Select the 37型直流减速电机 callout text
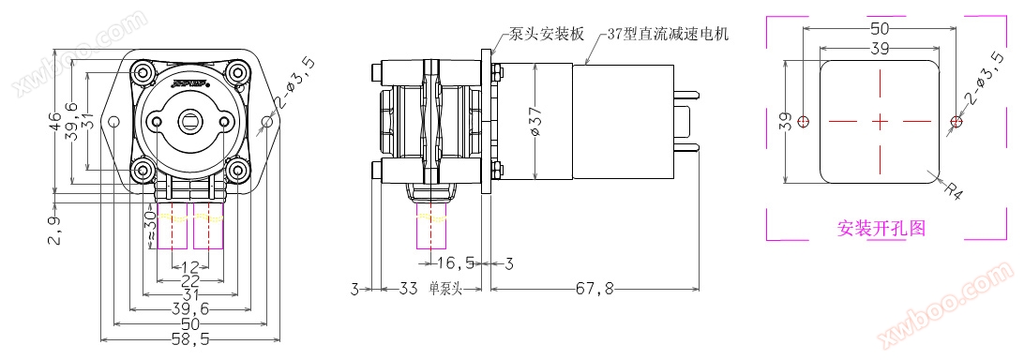tap(667, 34)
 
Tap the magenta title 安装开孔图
tap(881, 228)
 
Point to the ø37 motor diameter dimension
tap(536, 121)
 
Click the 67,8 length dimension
tap(594, 288)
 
